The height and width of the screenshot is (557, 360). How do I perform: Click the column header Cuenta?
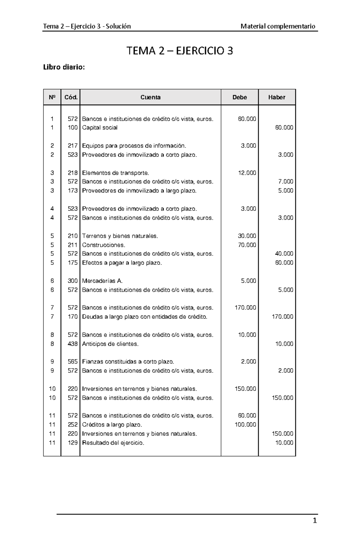[150, 97]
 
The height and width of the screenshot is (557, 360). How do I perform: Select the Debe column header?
[239, 97]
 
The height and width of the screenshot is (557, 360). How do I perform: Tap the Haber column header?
[277, 97]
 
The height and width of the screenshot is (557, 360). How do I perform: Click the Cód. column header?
[71, 97]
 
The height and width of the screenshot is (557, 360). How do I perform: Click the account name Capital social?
[100, 128]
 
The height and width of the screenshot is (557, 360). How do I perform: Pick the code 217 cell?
[73, 146]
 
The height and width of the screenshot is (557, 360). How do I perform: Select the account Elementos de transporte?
[115, 173]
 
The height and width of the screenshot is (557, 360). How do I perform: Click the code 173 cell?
[73, 191]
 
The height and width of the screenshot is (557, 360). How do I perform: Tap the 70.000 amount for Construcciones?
[247, 245]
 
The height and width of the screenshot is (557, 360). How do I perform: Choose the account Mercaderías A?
[102, 281]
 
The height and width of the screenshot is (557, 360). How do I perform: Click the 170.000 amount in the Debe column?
[245, 308]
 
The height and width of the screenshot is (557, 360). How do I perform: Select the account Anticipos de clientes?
[110, 344]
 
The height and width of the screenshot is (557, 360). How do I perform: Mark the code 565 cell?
[73, 362]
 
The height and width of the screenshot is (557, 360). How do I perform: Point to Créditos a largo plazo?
[112, 424]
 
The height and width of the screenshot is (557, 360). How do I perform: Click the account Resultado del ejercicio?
[113, 443]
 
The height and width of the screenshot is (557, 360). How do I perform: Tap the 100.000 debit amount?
[245, 424]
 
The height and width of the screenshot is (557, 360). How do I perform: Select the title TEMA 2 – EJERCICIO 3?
[180, 51]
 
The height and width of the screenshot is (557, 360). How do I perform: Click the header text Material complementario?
[278, 26]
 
